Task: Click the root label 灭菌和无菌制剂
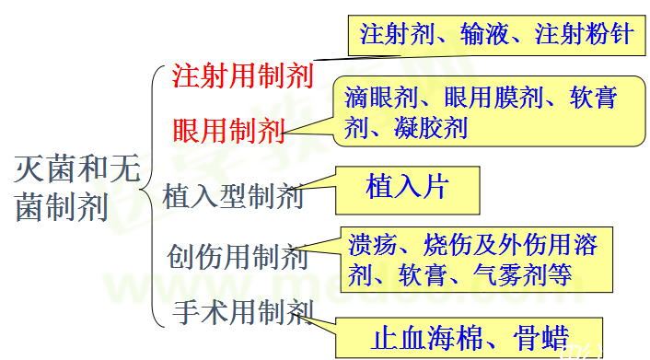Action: pos(74,189)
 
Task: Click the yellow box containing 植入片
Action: pos(406,188)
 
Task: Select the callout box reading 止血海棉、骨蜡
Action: pos(470,337)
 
